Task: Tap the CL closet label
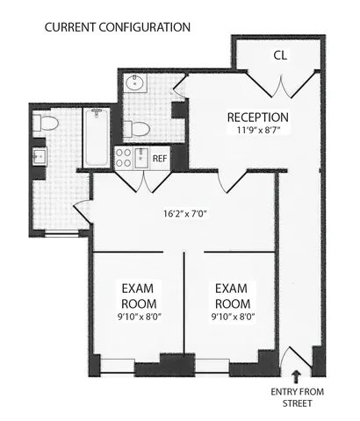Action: (279, 55)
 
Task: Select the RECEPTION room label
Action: (257, 118)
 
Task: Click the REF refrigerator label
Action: (159, 159)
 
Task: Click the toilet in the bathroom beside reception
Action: (135, 129)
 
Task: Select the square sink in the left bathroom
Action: (40, 156)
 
